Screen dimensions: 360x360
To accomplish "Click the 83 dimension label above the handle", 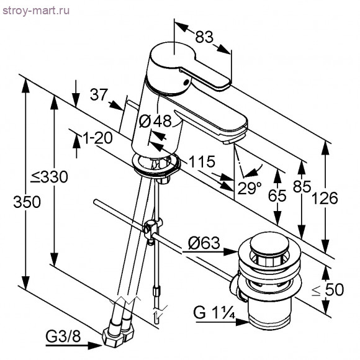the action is pos(204,37).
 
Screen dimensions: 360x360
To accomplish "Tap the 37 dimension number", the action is pos(99,94).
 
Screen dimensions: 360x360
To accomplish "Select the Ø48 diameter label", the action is pos(156,121).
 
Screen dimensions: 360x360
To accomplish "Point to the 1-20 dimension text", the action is pos(97,138).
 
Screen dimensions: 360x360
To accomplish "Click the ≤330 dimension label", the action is pos(49,177).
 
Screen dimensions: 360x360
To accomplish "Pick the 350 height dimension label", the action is pos(27,202).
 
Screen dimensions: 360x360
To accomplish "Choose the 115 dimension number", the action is pos(202,161).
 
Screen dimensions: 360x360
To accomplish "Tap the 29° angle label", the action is pos(250,188).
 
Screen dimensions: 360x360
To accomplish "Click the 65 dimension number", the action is pos(277,196).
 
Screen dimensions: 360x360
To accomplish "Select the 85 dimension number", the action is pos(302,186).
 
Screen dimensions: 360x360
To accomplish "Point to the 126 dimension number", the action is pos(325,199).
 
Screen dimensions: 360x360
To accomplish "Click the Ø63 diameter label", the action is pos(204,243).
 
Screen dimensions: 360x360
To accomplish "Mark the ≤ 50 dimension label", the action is pos(328,289).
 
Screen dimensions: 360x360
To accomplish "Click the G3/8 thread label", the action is pos(63,336).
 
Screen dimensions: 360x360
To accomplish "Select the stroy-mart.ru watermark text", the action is pos(36,11).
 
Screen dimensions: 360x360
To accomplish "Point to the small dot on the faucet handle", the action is pos(187,81).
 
